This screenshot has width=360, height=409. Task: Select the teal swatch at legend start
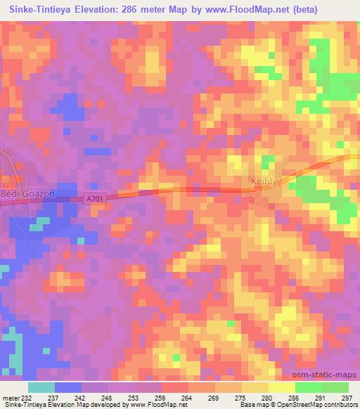[x=41, y=387]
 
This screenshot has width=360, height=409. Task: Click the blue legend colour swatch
[x=68, y=387]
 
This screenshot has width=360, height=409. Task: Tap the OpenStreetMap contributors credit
[x=320, y=405]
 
